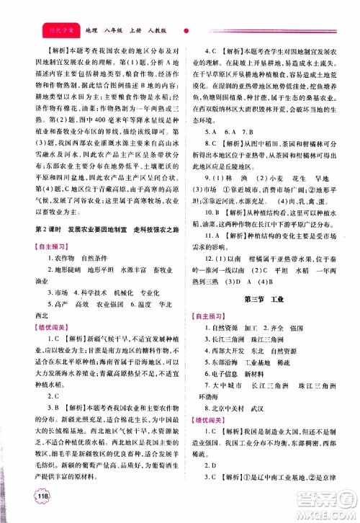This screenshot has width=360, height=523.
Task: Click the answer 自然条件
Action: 103,256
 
